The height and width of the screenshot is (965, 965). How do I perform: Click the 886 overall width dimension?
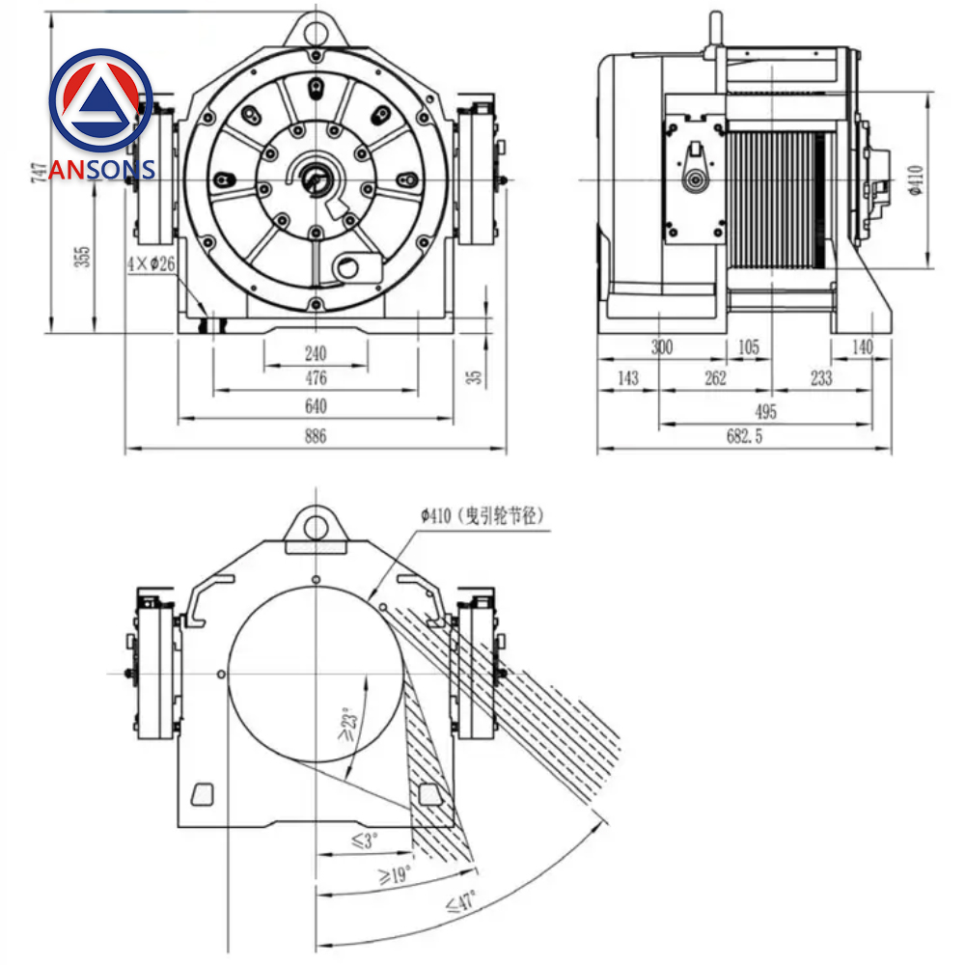[x=316, y=436]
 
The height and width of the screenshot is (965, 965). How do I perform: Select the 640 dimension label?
[x=316, y=405]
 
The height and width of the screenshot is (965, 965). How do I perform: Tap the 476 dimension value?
[x=316, y=378]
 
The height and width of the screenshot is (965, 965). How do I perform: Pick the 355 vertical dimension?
[x=84, y=256]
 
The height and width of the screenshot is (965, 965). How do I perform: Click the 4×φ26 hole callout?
[x=151, y=263]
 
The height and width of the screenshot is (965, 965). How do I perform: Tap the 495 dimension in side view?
[x=765, y=412]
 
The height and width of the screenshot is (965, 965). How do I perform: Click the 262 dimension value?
[x=715, y=378]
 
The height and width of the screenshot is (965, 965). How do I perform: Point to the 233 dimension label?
[x=821, y=378]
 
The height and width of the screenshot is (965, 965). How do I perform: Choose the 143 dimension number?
[x=627, y=378]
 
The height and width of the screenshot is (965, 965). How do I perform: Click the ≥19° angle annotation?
[x=396, y=874]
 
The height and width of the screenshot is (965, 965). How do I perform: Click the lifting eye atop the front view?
[x=316, y=31]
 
